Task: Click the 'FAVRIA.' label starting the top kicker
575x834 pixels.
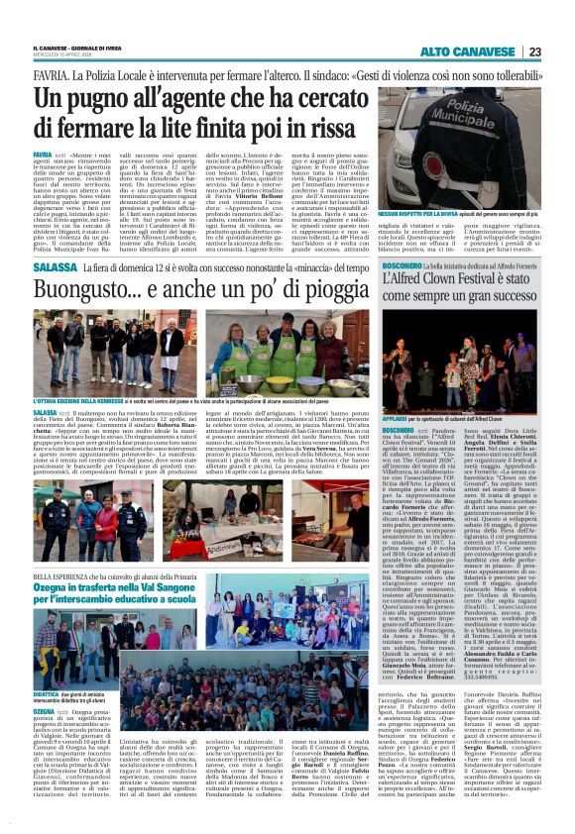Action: pyautogui.click(x=51, y=75)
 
